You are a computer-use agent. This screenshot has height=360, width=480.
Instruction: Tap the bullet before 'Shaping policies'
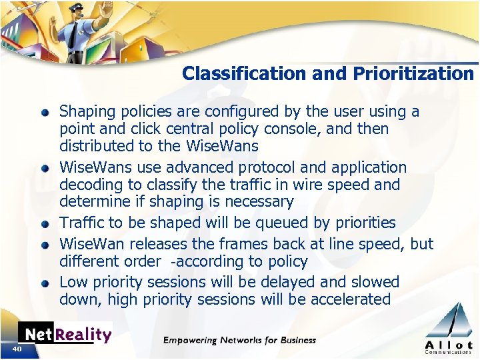click(45, 112)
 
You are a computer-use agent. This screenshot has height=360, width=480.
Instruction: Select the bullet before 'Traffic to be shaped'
click(45, 223)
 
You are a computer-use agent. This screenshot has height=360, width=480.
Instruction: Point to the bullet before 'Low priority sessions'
click(45, 283)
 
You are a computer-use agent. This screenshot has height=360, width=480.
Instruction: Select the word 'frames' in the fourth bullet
click(233, 244)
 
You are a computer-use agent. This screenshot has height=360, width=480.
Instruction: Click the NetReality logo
click(65, 333)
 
